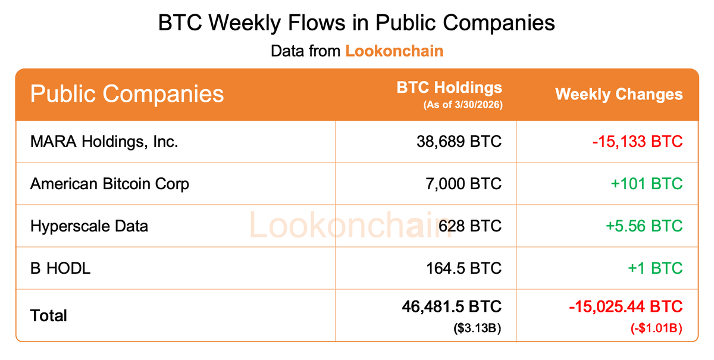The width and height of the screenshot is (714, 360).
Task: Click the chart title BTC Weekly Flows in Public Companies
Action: pos(356,23)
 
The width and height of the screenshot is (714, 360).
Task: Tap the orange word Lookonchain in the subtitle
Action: pos(394,51)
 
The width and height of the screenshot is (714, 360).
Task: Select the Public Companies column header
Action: pos(127,94)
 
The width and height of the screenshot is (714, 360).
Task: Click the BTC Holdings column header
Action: pos(449,88)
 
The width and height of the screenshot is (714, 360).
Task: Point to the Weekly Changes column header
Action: pos(619,94)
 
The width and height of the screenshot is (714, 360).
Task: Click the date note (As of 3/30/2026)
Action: pos(462,105)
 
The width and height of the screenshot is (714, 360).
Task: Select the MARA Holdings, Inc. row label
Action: pos(104,142)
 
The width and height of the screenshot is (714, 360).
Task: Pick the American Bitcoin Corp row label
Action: pos(109,184)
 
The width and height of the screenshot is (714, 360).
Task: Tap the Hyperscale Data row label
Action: pos(89,226)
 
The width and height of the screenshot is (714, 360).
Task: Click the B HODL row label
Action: pos(60,268)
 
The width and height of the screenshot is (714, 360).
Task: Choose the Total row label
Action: pos(49,315)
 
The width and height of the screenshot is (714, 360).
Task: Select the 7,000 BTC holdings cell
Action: pos(462,184)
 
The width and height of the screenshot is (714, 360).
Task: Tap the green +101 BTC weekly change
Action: pos(646,184)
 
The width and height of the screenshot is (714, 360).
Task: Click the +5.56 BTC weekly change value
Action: pos(644,226)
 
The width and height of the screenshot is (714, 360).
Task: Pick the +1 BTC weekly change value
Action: pos(654,268)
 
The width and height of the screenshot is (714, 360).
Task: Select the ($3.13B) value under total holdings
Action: pos(477,327)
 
